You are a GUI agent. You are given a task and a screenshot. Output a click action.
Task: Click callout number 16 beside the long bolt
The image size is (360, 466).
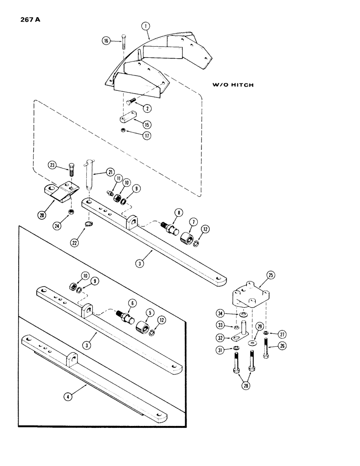[x=107, y=41]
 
